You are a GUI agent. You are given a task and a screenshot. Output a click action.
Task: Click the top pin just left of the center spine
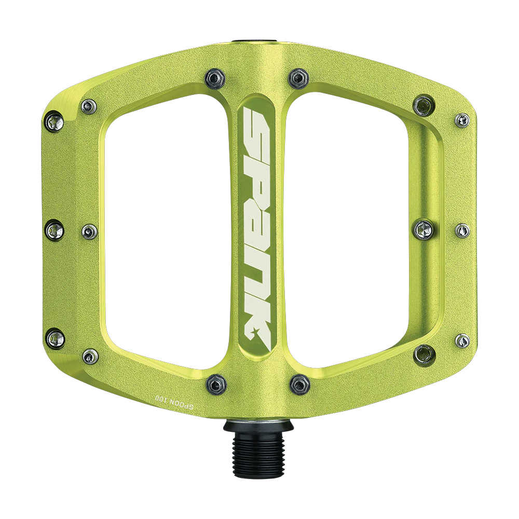coord(215,78)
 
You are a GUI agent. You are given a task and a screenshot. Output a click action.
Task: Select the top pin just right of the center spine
coord(299,78)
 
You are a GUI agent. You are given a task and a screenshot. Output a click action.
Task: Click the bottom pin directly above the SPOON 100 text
coord(216,385)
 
